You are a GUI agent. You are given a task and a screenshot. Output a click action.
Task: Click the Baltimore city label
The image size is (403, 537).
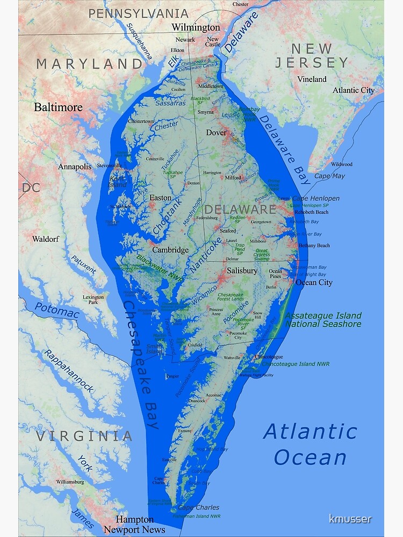click(x=58, y=107)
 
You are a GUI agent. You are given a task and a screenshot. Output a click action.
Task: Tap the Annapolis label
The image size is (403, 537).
click(x=75, y=166)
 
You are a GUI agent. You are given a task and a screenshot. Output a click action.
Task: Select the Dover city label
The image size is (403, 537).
click(x=216, y=132)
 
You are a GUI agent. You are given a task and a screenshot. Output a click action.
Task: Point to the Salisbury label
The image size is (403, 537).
click(x=242, y=271)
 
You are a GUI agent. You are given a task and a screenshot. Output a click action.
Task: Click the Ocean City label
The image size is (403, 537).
click(x=314, y=282)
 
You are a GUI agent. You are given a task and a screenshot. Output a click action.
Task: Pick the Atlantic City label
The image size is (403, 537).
click(x=353, y=90)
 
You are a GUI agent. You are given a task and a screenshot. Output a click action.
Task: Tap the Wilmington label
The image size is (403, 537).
click(x=196, y=27)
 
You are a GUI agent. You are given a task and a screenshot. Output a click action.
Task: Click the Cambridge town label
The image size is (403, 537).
click(x=170, y=250)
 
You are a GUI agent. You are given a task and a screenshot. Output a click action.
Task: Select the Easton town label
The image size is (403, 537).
click(x=160, y=198)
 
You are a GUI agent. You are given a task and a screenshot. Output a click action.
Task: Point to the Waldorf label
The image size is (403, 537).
click(x=45, y=239)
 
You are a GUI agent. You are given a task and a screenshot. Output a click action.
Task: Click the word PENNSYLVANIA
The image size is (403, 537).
click(x=138, y=13)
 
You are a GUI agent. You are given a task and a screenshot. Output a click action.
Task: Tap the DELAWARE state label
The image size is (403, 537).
click(x=240, y=209)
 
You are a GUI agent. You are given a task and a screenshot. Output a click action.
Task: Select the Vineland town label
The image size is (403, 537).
click(x=312, y=79)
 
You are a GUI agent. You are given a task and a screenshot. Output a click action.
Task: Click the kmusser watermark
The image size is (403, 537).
click(x=350, y=519)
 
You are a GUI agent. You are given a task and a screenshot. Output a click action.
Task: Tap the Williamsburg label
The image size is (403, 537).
click(x=70, y=482)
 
